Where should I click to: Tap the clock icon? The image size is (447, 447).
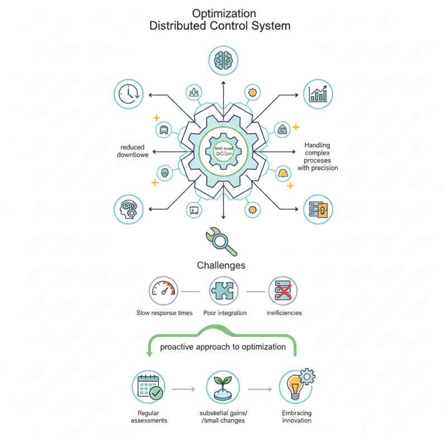[x=129, y=93]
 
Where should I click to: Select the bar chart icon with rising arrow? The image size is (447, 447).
[x=318, y=93]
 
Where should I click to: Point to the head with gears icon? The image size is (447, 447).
[x=129, y=210]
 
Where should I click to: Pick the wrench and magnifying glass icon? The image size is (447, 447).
[x=221, y=240]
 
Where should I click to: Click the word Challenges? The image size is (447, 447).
[x=221, y=265]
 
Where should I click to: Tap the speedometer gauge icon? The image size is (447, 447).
[x=164, y=291]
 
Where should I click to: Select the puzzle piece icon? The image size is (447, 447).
[x=224, y=291]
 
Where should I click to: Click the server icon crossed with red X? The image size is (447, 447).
[x=283, y=291]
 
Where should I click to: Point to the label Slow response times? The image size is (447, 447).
[x=164, y=313]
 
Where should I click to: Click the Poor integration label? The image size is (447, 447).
[x=225, y=313]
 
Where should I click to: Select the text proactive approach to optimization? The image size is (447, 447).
[x=223, y=347]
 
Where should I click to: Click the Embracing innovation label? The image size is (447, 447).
[x=297, y=417]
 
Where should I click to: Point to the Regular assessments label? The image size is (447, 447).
[x=149, y=417]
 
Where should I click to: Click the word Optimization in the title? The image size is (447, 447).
[x=223, y=13]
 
